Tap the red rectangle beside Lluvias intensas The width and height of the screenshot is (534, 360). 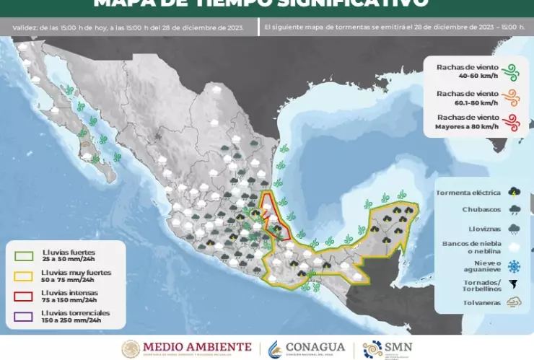click(24, 296)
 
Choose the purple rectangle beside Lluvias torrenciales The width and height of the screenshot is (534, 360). click(24, 316)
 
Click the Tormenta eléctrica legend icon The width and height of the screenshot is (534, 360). click(514, 192)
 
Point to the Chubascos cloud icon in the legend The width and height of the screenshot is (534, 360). click(514, 210)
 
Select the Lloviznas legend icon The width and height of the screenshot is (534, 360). click(514, 229)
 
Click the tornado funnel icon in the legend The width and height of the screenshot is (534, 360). click(514, 284)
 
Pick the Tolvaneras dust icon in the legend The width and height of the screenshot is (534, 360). click(514, 303)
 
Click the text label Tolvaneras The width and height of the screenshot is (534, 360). click(481, 303)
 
